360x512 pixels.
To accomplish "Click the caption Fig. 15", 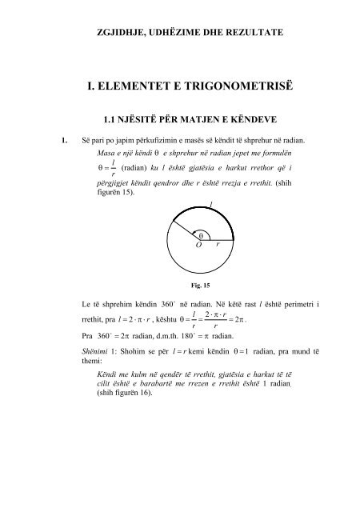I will click(190, 283).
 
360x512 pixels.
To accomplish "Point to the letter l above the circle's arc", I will click(210, 206).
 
